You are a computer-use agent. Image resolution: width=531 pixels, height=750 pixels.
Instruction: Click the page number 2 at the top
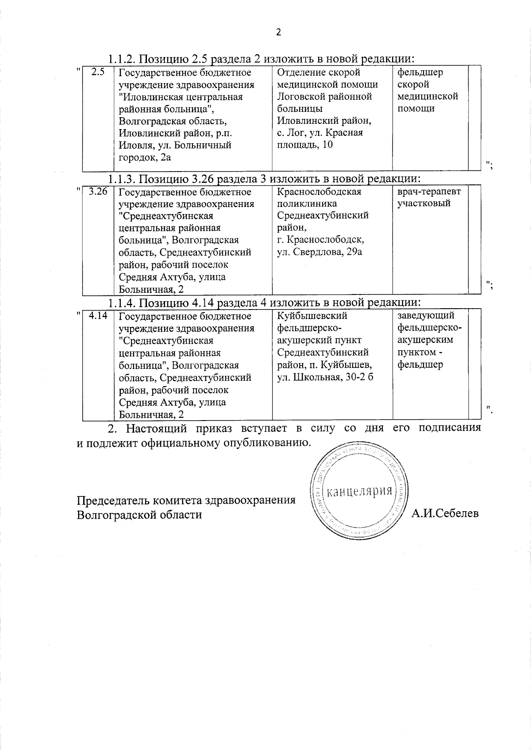point(278,32)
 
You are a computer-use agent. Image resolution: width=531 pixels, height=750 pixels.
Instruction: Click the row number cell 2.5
point(98,72)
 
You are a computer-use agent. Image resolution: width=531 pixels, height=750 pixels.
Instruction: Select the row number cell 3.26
point(98,191)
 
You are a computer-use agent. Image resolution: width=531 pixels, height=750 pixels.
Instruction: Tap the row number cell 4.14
point(98,316)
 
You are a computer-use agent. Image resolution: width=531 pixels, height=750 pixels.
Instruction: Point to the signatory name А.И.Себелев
point(445,513)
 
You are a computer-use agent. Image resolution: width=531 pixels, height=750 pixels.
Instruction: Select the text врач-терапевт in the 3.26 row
point(428,191)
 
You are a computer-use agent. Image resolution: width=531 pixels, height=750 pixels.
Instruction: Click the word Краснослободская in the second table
point(319,191)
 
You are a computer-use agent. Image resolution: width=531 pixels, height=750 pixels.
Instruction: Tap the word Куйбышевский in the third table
point(312,316)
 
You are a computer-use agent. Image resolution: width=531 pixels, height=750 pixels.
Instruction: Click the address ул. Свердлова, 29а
point(319,253)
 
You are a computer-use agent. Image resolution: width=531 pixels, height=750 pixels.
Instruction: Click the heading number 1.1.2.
point(121,59)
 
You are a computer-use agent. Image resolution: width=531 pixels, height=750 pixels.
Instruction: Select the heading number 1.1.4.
point(121,302)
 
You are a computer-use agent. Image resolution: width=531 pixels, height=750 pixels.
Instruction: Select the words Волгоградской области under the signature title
point(139,515)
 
